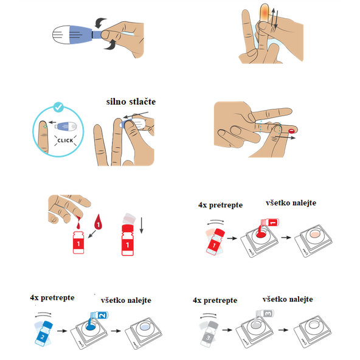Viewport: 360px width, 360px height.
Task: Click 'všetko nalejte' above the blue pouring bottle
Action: tap(126, 300)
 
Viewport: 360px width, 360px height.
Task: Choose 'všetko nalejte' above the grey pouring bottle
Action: tap(288, 300)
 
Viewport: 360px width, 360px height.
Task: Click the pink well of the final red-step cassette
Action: tap(314, 235)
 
